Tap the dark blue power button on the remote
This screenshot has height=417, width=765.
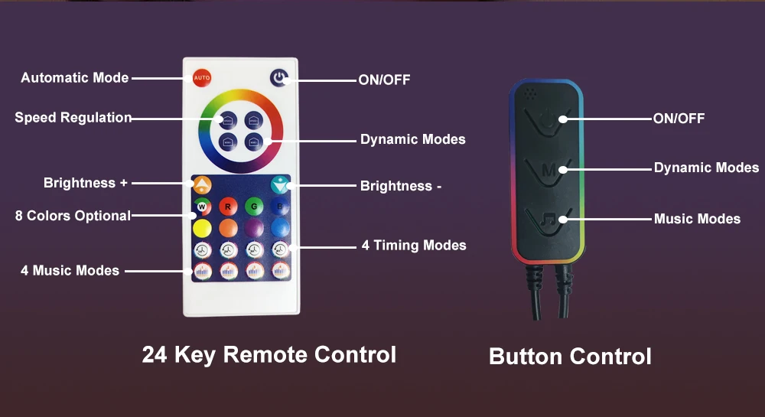tap(280, 78)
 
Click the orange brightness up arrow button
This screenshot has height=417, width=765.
tap(202, 184)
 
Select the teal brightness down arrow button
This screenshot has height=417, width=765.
tap(281, 184)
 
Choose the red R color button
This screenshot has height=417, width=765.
tap(228, 206)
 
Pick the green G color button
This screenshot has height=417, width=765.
tap(254, 206)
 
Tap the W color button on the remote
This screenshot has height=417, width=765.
tap(202, 206)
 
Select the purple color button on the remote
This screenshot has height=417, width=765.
tap(254, 228)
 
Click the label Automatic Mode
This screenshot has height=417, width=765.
tap(75, 78)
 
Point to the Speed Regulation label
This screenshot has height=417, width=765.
tap(73, 118)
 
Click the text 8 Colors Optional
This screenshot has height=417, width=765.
tap(73, 216)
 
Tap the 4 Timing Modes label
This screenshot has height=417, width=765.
tap(414, 246)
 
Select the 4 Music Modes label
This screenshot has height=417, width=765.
tap(70, 270)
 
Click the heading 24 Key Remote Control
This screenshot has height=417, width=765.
tap(269, 355)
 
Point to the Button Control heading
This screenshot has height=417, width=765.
tap(570, 357)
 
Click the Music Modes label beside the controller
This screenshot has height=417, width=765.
tap(697, 219)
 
